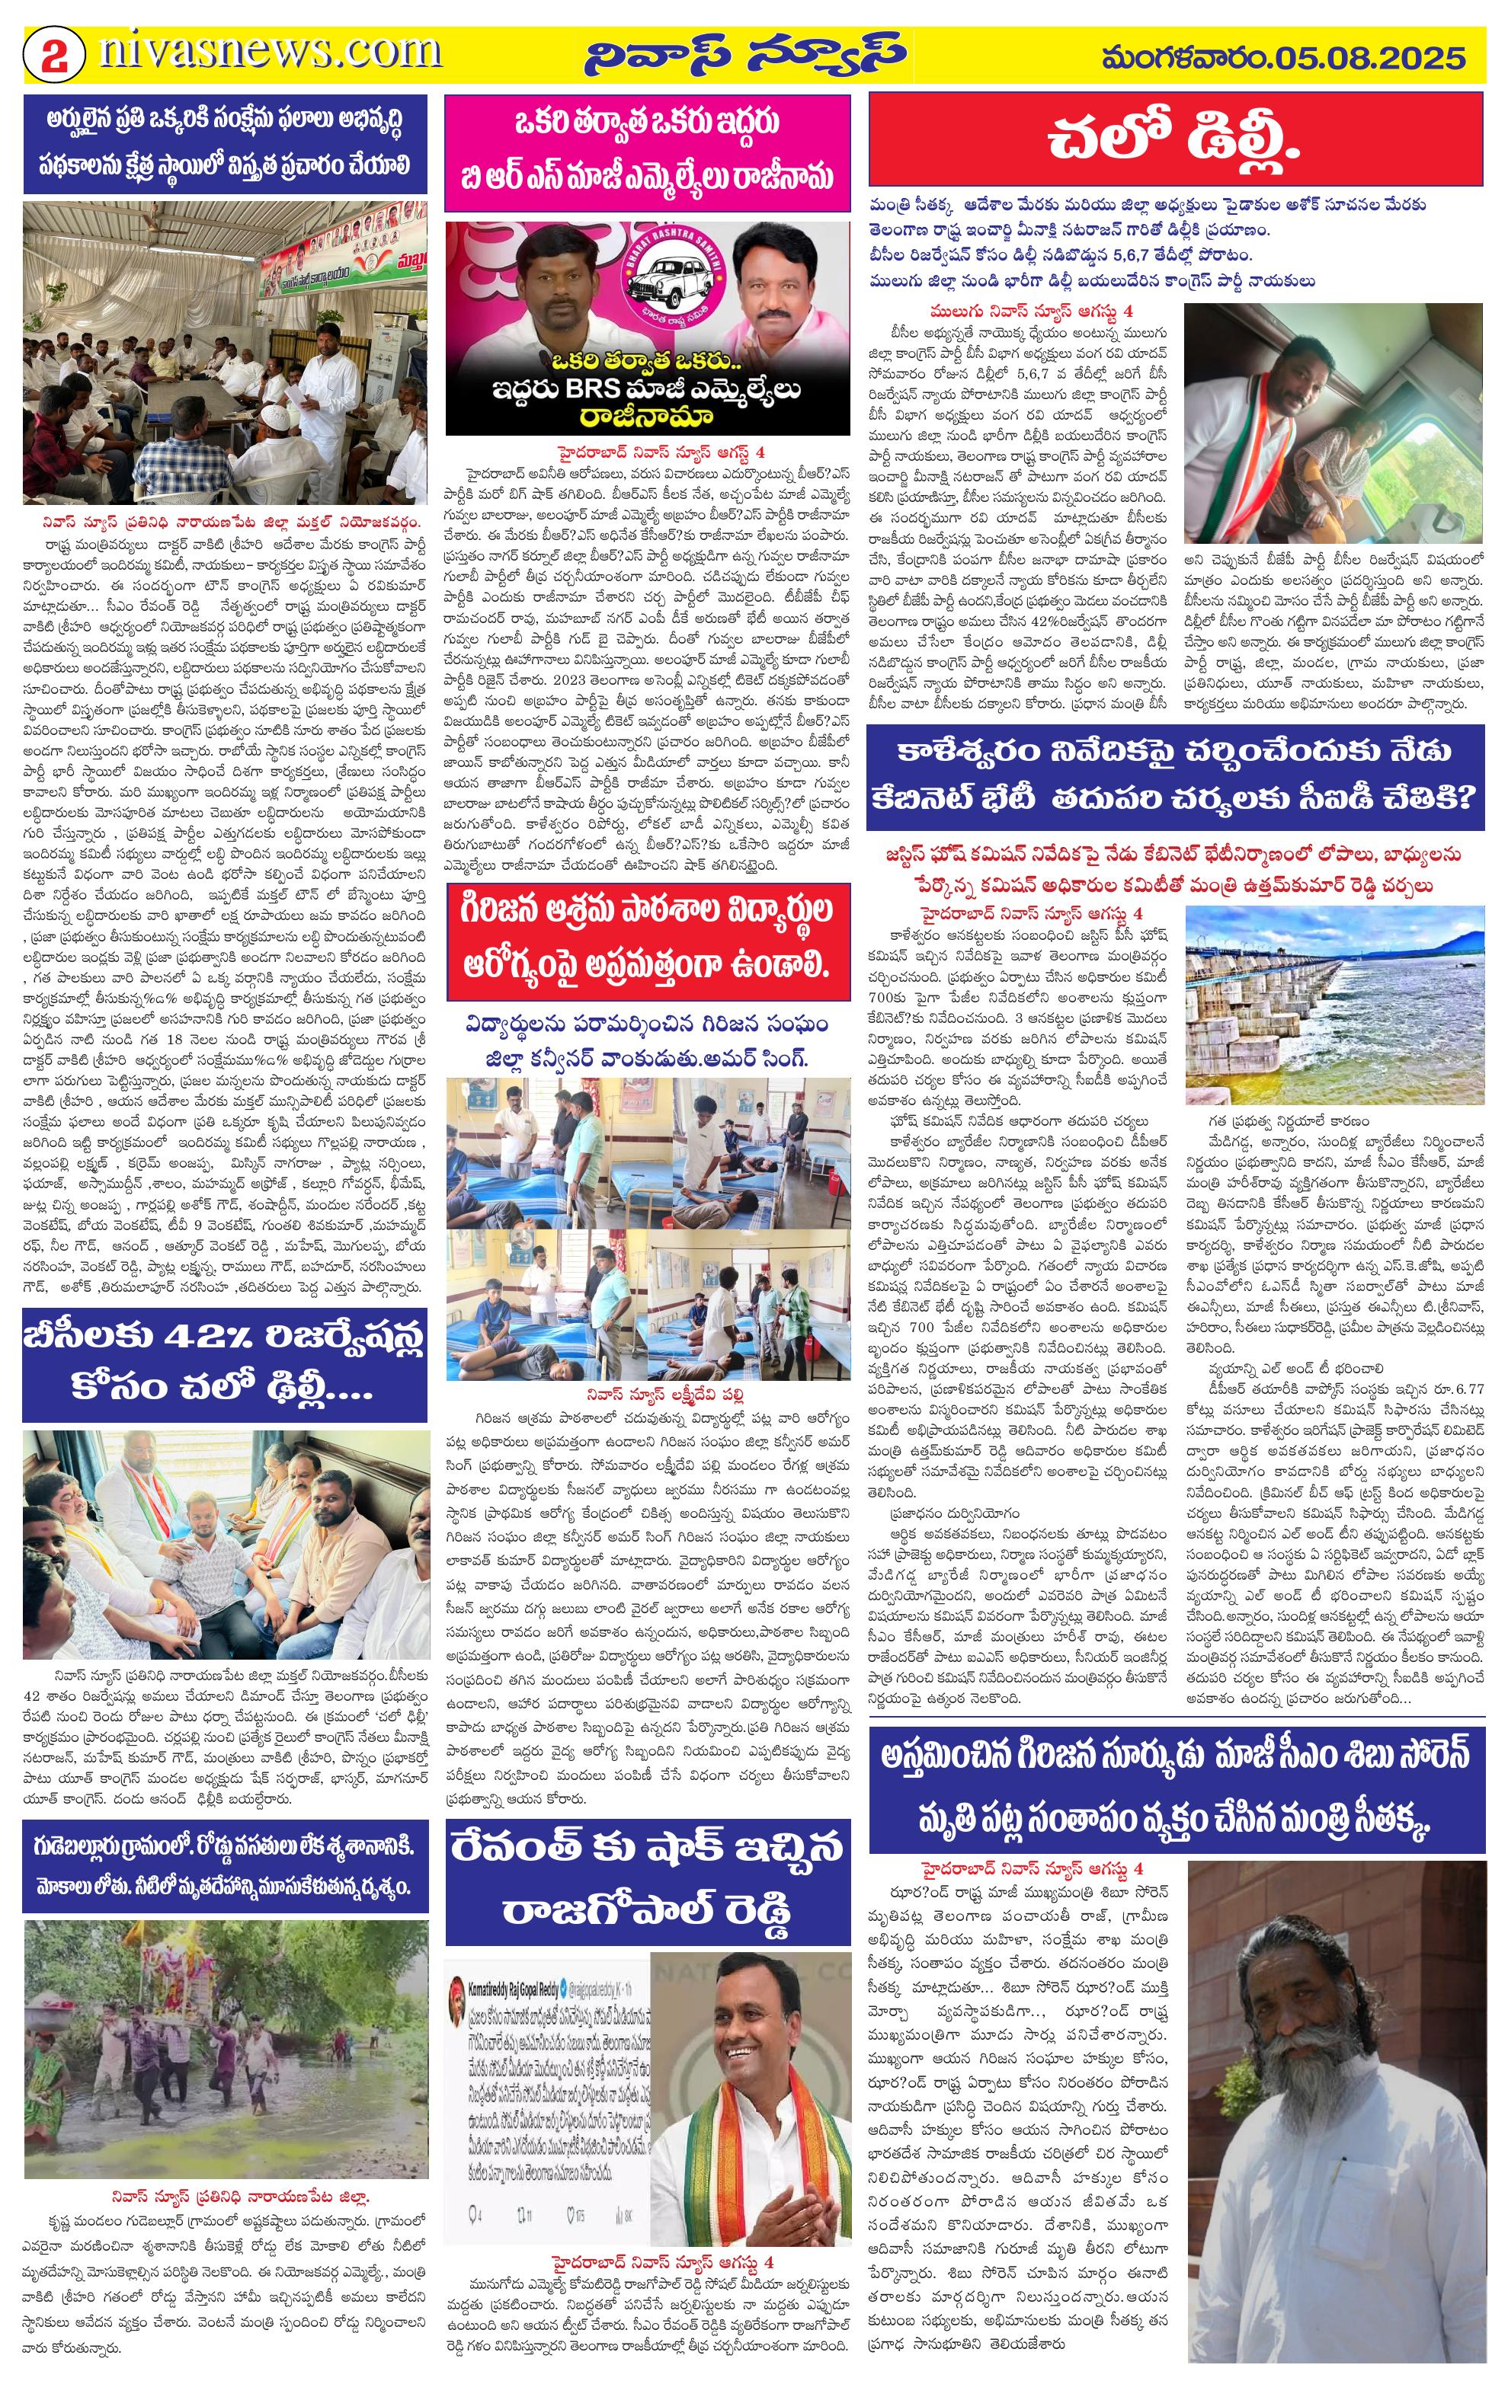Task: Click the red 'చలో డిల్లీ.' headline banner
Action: point(1175,139)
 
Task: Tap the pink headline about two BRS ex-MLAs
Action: point(648,152)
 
